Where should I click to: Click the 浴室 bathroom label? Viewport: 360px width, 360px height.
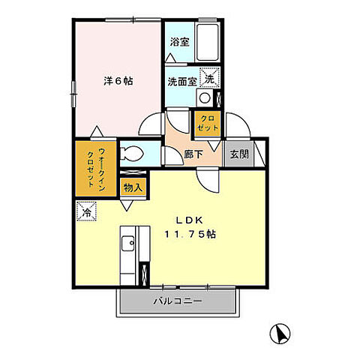coord(179,42)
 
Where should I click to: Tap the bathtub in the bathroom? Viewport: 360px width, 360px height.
coord(208,42)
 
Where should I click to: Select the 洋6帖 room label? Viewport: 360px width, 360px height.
coord(118,81)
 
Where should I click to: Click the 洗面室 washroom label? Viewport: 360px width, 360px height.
coord(182,82)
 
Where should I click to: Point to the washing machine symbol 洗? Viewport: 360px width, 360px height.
coord(210,77)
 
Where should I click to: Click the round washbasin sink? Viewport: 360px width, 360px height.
coord(205,97)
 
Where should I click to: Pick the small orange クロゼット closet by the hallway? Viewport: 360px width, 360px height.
coord(208,124)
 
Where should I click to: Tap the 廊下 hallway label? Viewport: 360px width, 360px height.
coord(193,154)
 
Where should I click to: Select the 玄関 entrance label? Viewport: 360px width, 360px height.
coord(239,154)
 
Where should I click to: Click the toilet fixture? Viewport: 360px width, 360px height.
coord(131,153)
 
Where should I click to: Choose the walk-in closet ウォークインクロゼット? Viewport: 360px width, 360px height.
coord(96,169)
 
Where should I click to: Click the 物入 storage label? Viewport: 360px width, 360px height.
coord(133,187)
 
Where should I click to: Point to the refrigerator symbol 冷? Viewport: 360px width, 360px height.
coord(86,211)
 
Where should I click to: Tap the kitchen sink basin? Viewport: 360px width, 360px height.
coord(128,244)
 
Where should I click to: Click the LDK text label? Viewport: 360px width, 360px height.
coord(189,220)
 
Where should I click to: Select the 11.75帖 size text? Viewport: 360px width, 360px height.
coord(190,234)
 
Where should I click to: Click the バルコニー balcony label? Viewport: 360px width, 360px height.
coord(177,301)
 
